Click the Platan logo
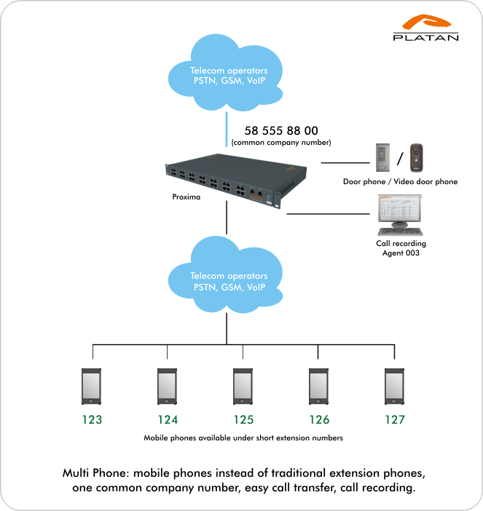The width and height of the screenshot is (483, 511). (425, 28)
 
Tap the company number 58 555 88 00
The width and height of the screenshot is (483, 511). (281, 131)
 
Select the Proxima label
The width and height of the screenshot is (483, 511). (186, 197)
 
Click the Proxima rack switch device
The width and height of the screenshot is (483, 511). (236, 181)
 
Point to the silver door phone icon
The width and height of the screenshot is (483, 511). (382, 157)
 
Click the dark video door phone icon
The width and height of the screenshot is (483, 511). (417, 157)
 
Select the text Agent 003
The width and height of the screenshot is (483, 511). (401, 253)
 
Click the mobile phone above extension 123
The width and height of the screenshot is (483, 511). (91, 387)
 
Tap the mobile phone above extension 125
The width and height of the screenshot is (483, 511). (243, 387)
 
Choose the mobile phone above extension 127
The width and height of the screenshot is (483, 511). (394, 387)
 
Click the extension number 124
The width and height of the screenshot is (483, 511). (168, 420)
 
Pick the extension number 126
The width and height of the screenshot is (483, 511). (319, 420)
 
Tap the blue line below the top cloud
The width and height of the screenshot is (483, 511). (227, 130)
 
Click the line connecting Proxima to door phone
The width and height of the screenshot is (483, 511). (345, 162)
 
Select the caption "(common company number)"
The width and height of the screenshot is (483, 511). (281, 143)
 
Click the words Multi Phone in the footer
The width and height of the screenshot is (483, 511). (97, 473)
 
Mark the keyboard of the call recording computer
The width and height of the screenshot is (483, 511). (400, 231)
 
